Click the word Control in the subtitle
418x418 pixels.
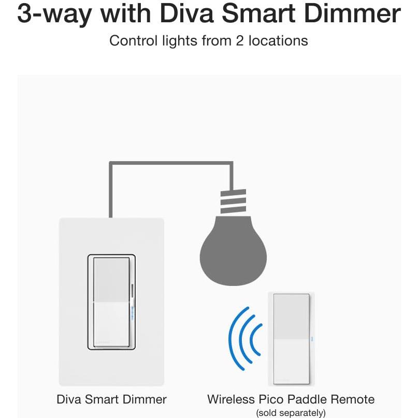pyautogui.click(x=132, y=40)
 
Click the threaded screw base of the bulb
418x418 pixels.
pyautogui.click(x=233, y=202)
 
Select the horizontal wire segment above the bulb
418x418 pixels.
pyautogui.click(x=171, y=164)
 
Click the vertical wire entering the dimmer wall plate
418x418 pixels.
pyautogui.click(x=110, y=192)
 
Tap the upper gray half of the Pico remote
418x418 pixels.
pyautogui.click(x=291, y=316)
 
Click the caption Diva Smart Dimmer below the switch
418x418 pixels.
pyautogui.click(x=111, y=399)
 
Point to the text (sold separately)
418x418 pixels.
pyautogui.click(x=291, y=413)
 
